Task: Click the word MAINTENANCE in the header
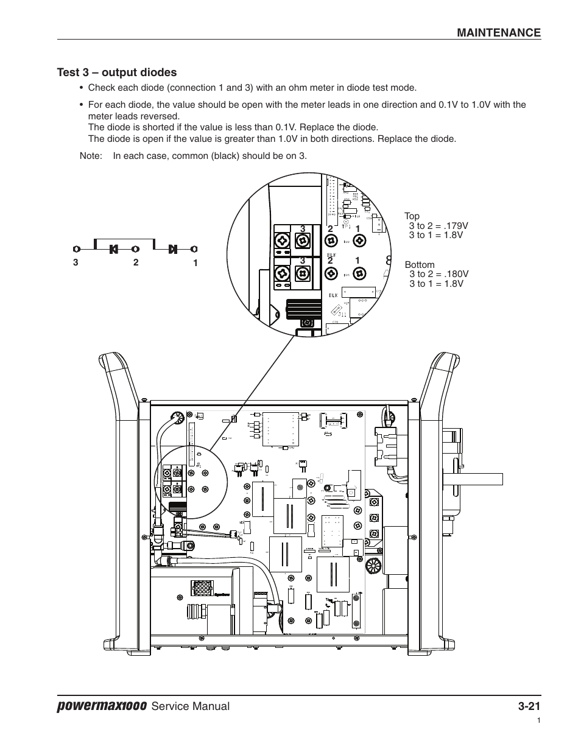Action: coord(499,33)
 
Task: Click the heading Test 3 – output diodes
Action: coord(117,72)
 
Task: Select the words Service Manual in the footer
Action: coord(191,706)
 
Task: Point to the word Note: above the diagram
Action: coord(90,156)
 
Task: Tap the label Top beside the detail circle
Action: coord(412,216)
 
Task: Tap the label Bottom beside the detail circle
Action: coord(420,265)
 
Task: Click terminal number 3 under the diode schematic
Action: coord(76,263)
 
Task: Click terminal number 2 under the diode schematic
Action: coord(136,262)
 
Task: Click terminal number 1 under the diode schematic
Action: coord(195,263)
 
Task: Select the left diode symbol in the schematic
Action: coord(113,248)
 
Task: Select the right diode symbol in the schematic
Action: coord(173,248)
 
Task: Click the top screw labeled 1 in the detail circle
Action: coord(359,241)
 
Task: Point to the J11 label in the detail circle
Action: coord(343,314)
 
